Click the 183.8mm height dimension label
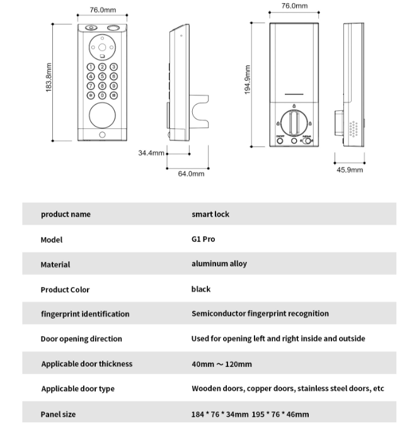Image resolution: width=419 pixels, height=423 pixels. [x=49, y=77]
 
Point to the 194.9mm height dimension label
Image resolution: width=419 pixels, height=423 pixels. [x=248, y=80]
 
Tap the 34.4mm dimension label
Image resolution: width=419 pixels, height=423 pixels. [x=151, y=153]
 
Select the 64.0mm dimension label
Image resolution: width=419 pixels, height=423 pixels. [x=191, y=174]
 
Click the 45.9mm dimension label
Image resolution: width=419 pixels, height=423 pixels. [x=350, y=170]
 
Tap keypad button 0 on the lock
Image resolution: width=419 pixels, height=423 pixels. [x=102, y=96]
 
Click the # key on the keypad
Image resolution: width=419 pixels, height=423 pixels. [x=114, y=96]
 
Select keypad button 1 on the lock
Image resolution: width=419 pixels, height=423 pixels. [x=91, y=67]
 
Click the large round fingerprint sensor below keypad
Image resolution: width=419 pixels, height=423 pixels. [x=101, y=116]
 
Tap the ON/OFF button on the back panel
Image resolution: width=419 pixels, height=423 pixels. [x=280, y=140]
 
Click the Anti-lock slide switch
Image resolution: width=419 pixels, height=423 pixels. [x=307, y=140]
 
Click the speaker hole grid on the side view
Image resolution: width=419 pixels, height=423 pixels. [x=353, y=128]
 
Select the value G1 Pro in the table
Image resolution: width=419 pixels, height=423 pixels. [x=203, y=239]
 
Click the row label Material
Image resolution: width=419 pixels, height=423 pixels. [x=55, y=264]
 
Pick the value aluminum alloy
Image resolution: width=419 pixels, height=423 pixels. [x=219, y=264]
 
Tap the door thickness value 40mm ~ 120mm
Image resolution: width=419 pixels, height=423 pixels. [x=221, y=364]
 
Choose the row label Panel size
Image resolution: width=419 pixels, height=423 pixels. [x=58, y=414]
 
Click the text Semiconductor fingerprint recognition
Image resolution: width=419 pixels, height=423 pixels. [x=260, y=313]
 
